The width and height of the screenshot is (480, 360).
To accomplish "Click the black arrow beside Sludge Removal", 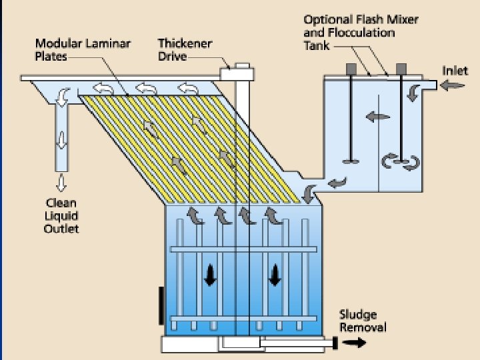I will (x=355, y=343).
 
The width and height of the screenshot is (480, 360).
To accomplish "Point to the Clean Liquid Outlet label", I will (x=61, y=215).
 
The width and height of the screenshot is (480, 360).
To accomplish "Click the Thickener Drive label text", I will (x=176, y=50).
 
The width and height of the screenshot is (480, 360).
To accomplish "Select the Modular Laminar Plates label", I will (x=83, y=50).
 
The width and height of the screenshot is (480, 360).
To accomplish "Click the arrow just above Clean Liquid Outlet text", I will (x=61, y=181).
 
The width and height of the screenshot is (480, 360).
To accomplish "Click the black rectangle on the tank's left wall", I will (x=161, y=304).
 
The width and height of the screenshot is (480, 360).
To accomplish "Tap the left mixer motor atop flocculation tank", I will (x=351, y=69).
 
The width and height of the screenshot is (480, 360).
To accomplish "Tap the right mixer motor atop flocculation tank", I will (x=401, y=69).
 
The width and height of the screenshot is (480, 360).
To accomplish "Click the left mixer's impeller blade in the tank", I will (x=351, y=160).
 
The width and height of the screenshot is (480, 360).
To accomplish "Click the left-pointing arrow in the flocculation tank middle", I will (x=377, y=117).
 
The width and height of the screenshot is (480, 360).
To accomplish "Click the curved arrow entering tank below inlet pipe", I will (x=413, y=93).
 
